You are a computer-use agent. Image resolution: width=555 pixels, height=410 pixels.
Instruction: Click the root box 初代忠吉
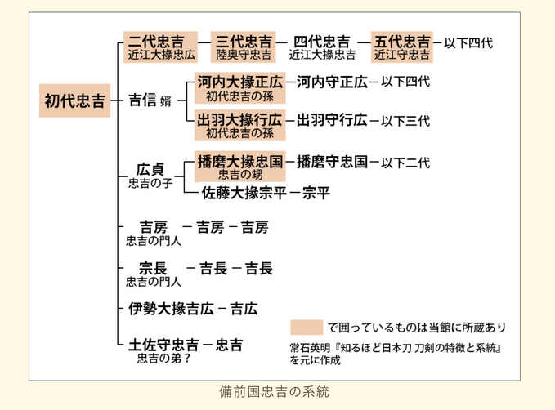pyautogui.click(x=74, y=100)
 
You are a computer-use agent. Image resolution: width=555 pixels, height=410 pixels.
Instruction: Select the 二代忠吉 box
pyautogui.click(x=160, y=47)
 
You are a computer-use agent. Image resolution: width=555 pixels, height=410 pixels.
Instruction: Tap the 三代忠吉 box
pyautogui.click(x=243, y=47)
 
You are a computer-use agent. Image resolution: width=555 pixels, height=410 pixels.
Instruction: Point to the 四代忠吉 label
pyautogui.click(x=322, y=42)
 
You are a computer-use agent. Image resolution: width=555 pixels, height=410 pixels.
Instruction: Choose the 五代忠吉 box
pyautogui.click(x=401, y=47)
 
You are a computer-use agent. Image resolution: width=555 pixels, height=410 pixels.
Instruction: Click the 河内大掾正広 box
pyautogui.click(x=240, y=87)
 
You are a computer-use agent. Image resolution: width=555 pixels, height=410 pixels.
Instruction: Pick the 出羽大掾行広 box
pyautogui.click(x=240, y=125)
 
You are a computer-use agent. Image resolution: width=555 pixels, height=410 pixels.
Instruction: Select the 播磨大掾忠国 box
pyautogui.click(x=240, y=167)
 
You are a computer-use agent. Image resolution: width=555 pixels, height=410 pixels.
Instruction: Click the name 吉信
pyautogui.click(x=142, y=100)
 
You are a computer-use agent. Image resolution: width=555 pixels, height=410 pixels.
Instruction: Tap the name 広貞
pyautogui.click(x=150, y=169)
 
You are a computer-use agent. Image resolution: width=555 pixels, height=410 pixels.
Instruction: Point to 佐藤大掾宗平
pyautogui.click(x=244, y=193)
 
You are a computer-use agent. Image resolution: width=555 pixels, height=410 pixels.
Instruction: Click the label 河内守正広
pyautogui.click(x=332, y=82)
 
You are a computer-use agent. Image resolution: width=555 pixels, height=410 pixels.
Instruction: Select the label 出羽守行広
pyautogui.click(x=332, y=120)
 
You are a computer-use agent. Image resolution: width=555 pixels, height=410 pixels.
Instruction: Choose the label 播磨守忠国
pyautogui.click(x=332, y=162)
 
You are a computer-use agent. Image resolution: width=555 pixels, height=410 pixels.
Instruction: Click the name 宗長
pyautogui.click(x=153, y=268)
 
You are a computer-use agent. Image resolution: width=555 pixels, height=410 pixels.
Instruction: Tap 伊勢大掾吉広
pyautogui.click(x=171, y=309)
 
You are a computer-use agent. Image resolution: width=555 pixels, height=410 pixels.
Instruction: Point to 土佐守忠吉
pyautogui.click(x=163, y=345)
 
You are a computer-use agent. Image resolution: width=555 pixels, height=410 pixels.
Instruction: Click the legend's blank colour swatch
pyautogui.click(x=307, y=328)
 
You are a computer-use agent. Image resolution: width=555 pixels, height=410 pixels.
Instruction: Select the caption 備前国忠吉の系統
pyautogui.click(x=275, y=392)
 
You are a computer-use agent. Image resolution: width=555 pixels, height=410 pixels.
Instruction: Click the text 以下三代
pyautogui.click(x=405, y=122)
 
